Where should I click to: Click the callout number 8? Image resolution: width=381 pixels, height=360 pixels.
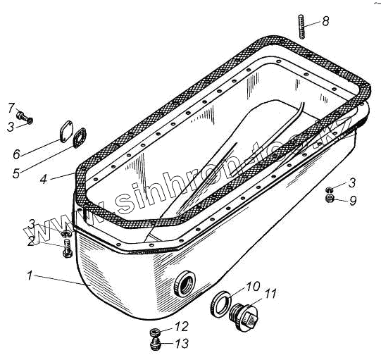(325, 21)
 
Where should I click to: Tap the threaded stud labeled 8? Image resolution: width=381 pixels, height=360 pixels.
(301, 27)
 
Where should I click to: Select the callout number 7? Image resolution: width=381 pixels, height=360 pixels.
(11, 108)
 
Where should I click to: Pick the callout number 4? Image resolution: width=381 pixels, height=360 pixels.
(44, 180)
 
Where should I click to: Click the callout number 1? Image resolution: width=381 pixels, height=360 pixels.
(30, 276)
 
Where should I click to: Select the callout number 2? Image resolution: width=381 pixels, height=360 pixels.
(30, 242)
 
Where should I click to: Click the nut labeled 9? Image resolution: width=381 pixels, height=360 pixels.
(330, 198)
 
